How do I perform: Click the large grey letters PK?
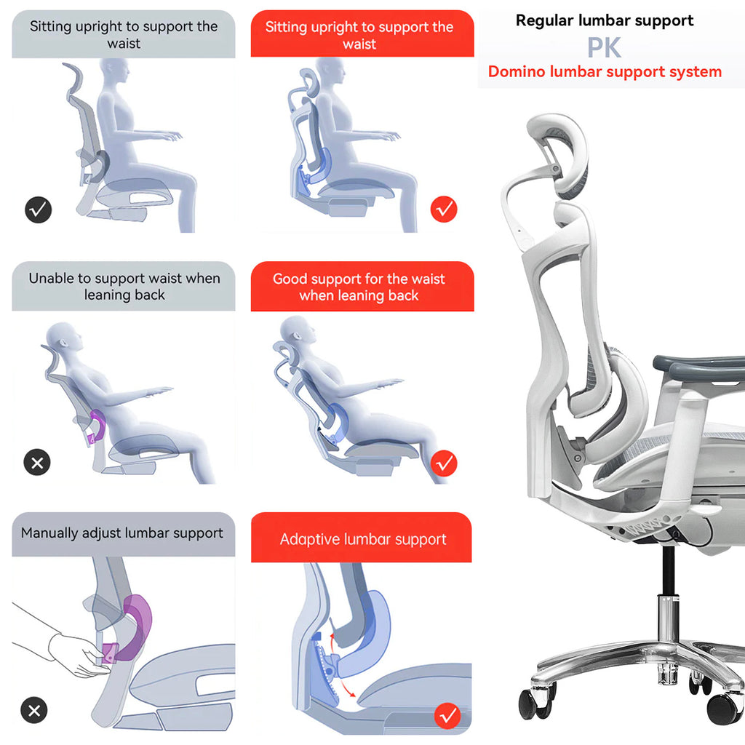(x=604, y=48)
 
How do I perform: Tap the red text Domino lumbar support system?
(x=605, y=72)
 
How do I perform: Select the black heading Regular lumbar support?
(x=604, y=20)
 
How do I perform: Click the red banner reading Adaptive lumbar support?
(x=362, y=539)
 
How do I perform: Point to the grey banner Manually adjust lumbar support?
(x=122, y=533)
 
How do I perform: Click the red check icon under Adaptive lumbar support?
(x=447, y=716)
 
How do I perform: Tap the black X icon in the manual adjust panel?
(x=34, y=710)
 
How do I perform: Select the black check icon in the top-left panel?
(x=39, y=210)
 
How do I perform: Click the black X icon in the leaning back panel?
(x=37, y=462)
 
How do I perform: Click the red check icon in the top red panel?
(x=444, y=210)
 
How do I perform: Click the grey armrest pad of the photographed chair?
(x=698, y=367)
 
